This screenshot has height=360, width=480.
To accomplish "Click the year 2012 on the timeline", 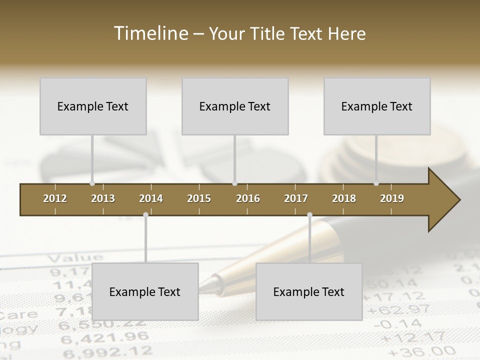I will pyautogui.click(x=55, y=198).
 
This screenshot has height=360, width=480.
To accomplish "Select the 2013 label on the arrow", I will pyautogui.click(x=103, y=198).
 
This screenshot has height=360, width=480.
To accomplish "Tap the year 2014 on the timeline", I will pyautogui.click(x=151, y=198).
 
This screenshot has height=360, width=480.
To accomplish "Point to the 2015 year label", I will pyautogui.click(x=199, y=198).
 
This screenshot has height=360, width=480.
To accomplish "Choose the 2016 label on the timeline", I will pyautogui.click(x=248, y=198).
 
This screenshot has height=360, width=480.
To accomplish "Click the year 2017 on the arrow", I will pyautogui.click(x=296, y=198).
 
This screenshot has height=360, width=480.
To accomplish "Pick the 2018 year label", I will pyautogui.click(x=344, y=198).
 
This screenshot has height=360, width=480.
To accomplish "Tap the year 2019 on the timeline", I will pyautogui.click(x=392, y=198).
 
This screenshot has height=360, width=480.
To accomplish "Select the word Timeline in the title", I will pyautogui.click(x=150, y=33).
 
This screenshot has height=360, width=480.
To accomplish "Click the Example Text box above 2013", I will pyautogui.click(x=93, y=106).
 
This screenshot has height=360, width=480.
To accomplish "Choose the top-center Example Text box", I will pyautogui.click(x=235, y=106).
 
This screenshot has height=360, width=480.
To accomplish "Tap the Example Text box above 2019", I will pyautogui.click(x=377, y=106).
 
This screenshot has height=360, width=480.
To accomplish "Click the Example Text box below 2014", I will pyautogui.click(x=145, y=291).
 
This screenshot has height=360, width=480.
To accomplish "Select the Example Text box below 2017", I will pyautogui.click(x=309, y=291).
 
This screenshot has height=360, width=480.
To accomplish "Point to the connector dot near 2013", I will pyautogui.click(x=92, y=183).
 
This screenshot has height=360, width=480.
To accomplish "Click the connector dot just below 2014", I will pyautogui.click(x=145, y=214).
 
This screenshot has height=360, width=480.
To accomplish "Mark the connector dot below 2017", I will pyautogui.click(x=309, y=214).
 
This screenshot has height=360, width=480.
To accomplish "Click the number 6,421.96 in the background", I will pyautogui.click(x=104, y=337).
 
